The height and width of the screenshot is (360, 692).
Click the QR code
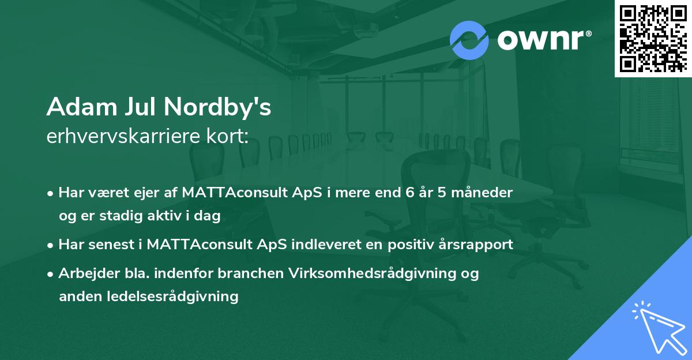click(653, 39)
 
